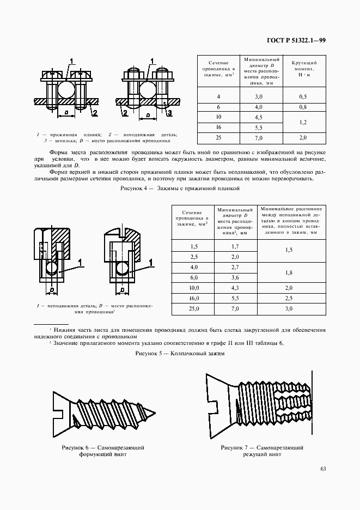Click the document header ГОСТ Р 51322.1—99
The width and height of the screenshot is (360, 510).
[x=296, y=40]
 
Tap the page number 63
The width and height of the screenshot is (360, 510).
[x=324, y=469]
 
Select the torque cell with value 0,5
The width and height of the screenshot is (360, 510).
[x=303, y=96]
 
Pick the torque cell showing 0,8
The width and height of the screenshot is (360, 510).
[x=303, y=107]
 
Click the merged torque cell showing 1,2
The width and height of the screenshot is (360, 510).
[x=303, y=122]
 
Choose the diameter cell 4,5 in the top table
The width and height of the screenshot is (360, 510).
[x=259, y=117]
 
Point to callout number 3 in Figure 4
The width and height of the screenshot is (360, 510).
[x=169, y=113]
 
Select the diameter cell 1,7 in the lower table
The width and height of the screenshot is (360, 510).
[x=235, y=246]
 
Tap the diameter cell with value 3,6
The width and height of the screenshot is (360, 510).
[x=235, y=277]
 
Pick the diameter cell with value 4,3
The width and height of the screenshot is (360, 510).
[x=235, y=288]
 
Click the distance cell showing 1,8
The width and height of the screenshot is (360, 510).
[x=289, y=272]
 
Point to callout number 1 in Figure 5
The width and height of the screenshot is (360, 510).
[x=81, y=263]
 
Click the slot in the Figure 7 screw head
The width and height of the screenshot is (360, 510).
[x=213, y=406]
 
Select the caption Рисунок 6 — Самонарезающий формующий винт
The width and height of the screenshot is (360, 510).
[x=103, y=451]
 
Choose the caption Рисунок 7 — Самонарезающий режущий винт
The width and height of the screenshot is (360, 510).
[x=262, y=451]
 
